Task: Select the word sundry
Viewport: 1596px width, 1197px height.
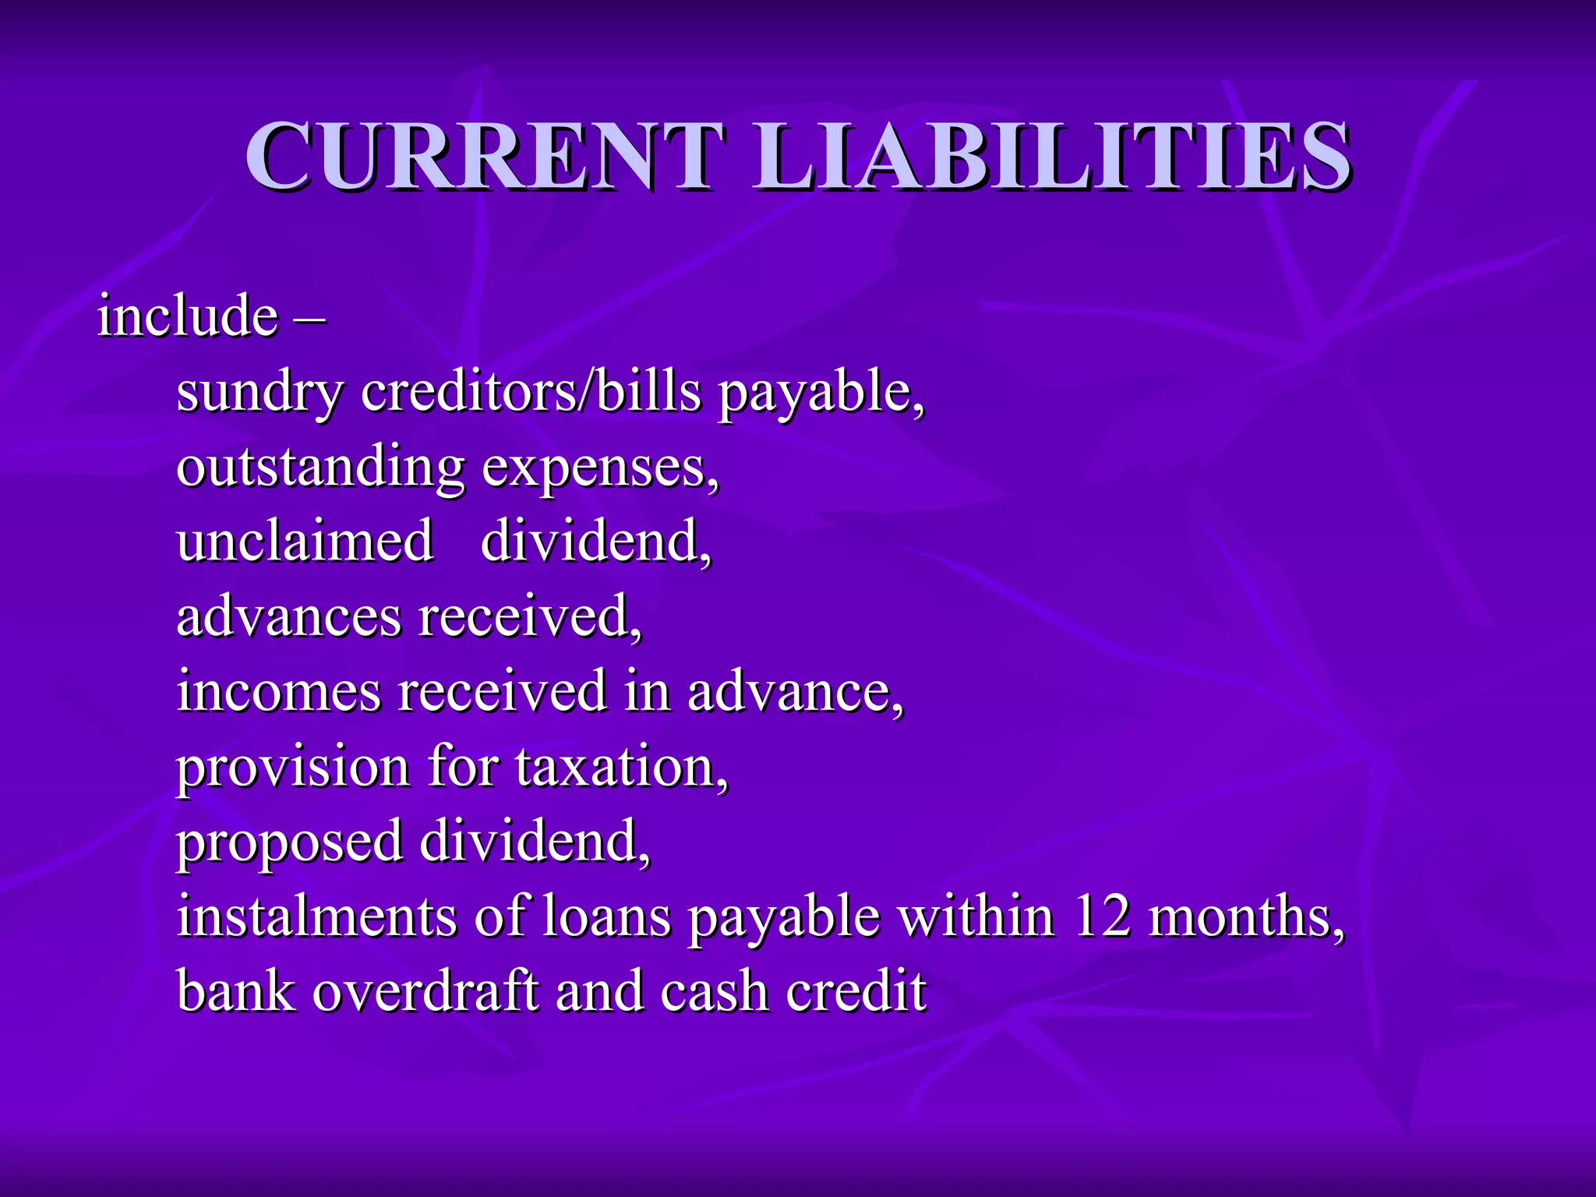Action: (260, 392)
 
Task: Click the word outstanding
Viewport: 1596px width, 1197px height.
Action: (320, 468)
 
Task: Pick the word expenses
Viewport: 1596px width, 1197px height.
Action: (598, 468)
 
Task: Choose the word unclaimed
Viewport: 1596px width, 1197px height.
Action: (305, 541)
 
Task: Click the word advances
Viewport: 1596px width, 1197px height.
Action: (288, 616)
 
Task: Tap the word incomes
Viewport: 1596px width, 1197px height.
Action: (279, 691)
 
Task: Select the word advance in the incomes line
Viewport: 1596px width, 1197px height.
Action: (793, 691)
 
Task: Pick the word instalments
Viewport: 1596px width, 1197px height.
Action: (316, 916)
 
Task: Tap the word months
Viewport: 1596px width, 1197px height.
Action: (1245, 916)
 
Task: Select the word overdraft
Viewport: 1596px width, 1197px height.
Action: (425, 991)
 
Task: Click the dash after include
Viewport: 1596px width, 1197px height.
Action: (310, 318)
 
